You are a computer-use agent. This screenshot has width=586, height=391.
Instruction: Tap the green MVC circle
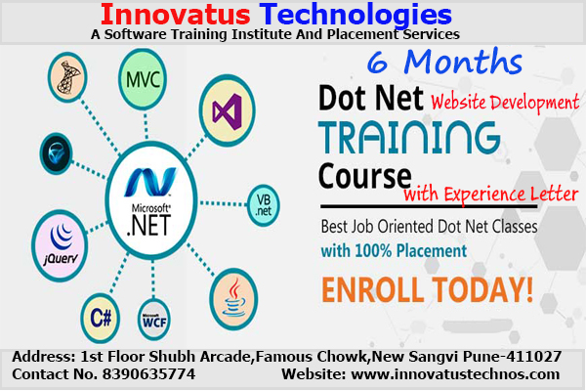[x=142, y=76]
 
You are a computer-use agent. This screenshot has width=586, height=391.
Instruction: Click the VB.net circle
[x=264, y=203]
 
